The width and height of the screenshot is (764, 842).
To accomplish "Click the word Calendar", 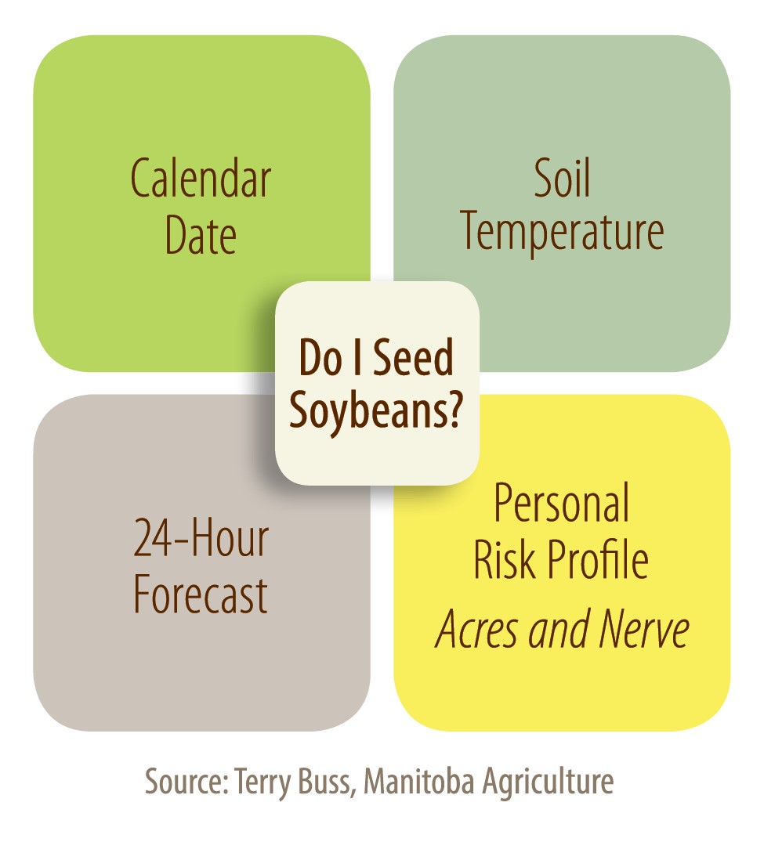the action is [x=201, y=178].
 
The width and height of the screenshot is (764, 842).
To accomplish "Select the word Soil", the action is [x=562, y=178].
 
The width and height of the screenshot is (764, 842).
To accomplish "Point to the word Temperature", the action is [x=562, y=232].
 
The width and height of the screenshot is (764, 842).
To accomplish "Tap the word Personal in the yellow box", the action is [x=562, y=503].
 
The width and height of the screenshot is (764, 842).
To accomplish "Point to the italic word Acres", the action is [x=478, y=629].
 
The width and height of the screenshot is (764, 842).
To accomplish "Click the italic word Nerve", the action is [x=643, y=629].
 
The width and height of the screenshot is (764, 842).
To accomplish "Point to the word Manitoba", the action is [x=419, y=781].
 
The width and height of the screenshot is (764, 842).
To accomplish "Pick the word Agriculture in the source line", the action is [x=548, y=782].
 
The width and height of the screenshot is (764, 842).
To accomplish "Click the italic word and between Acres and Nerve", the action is [x=559, y=629].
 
